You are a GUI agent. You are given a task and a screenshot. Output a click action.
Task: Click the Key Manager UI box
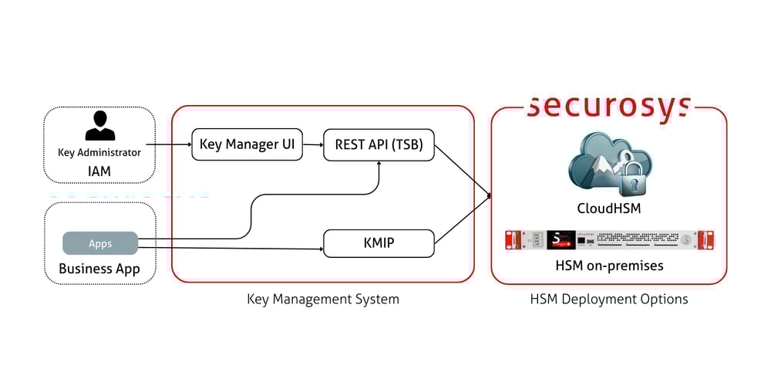tap(247, 144)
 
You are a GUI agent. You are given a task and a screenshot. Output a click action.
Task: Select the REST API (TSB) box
tap(379, 144)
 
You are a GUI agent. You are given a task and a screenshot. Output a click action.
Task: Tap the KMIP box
tap(379, 243)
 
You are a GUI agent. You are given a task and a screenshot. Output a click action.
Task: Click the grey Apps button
tap(100, 243)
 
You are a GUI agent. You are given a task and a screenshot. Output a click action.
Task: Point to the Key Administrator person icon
tap(99, 126)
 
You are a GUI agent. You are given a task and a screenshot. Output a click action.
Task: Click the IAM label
tap(99, 168)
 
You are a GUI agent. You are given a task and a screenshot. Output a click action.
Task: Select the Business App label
tap(99, 269)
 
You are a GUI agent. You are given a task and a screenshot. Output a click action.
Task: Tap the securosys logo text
tap(608, 106)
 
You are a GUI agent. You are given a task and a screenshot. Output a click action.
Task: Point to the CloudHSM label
tap(609, 208)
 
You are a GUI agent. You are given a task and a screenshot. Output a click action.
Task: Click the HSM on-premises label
tap(609, 266)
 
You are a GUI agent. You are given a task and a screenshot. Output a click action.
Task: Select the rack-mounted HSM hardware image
tap(609, 239)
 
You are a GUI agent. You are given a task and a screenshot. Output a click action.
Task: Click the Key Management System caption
tap(323, 299)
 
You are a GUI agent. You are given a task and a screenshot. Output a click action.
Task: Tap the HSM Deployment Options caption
tap(609, 299)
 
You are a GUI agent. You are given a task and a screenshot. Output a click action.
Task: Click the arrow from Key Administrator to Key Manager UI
tap(168, 144)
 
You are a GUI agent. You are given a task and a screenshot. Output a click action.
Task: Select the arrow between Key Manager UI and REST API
tap(313, 144)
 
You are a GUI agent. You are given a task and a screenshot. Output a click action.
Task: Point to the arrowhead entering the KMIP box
tap(319, 249)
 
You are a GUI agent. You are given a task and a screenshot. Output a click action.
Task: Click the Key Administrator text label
tap(99, 152)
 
